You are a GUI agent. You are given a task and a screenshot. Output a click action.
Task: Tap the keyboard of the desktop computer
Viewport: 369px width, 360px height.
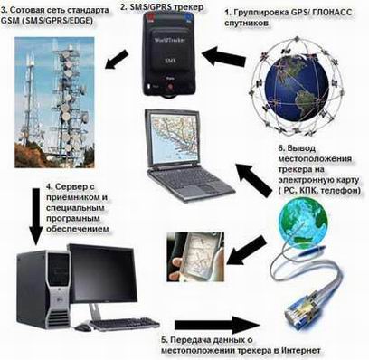click(127, 323)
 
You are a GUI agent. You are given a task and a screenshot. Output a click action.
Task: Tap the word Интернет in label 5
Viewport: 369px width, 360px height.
click(299, 350)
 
